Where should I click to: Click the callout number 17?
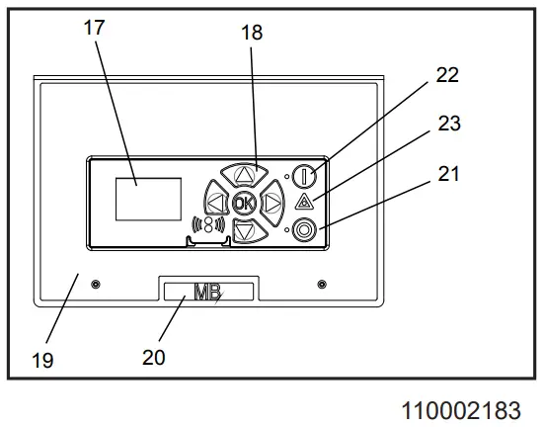[x=94, y=28]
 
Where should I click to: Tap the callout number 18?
[x=252, y=33]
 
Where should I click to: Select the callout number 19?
[x=42, y=360]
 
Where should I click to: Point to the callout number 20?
[x=154, y=357]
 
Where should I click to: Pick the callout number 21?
[x=448, y=174]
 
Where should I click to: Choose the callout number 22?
[x=447, y=75]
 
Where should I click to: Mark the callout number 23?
[x=449, y=124]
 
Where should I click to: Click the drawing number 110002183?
[x=461, y=410]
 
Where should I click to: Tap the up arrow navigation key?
[x=245, y=174]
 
